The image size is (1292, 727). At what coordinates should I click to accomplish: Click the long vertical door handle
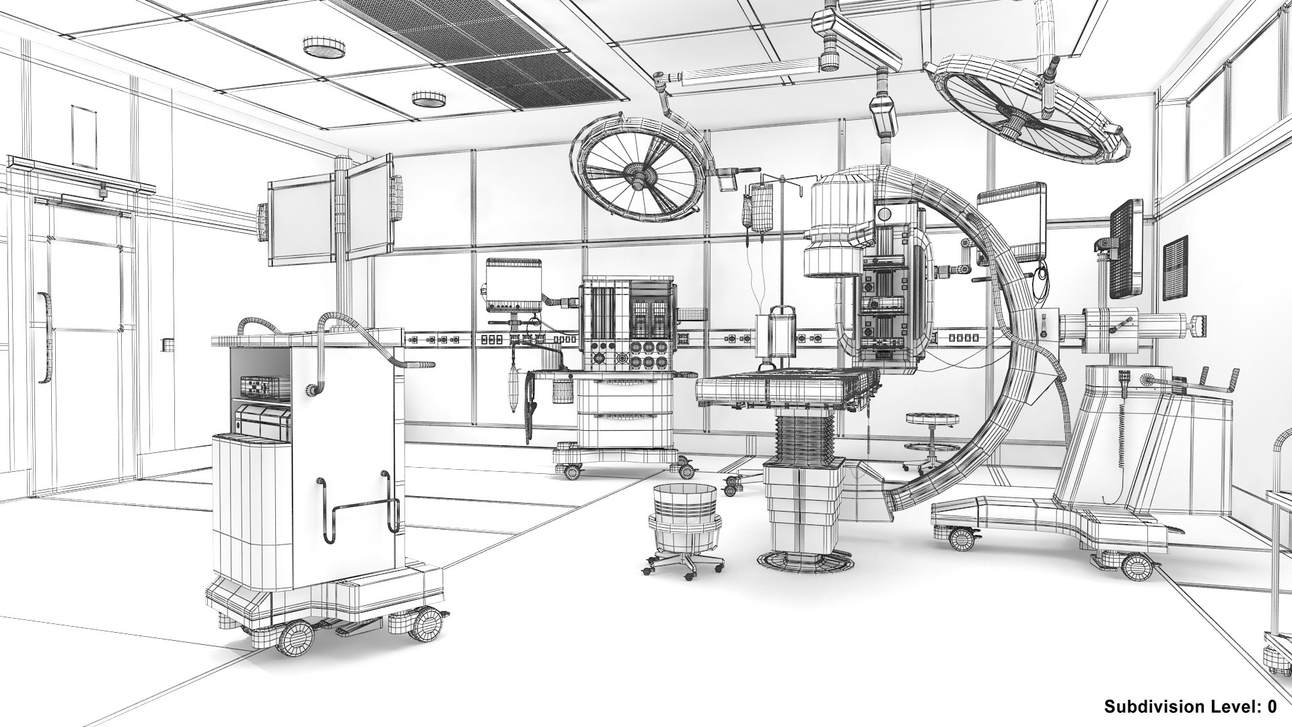pos(44,337)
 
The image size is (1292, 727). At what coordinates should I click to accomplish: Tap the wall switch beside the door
pos(166,345)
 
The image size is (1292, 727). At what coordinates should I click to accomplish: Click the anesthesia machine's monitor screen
pos(513,287)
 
